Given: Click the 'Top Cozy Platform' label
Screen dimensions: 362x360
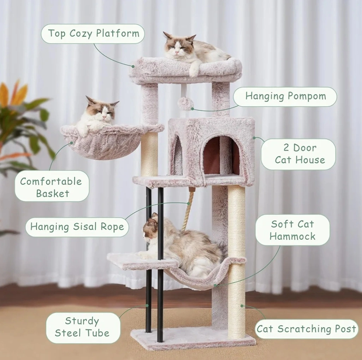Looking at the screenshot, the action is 93,34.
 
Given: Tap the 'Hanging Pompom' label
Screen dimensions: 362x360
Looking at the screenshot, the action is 285,97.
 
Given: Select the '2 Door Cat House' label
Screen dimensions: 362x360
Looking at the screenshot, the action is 298,154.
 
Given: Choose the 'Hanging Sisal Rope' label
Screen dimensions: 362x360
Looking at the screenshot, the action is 77,227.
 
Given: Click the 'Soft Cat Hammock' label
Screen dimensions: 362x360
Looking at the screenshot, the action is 292,230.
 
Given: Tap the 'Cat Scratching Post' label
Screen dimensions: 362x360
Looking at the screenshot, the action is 306,329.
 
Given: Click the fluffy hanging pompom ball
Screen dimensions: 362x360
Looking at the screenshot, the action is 185,104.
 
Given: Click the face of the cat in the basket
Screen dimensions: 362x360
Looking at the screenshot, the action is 102,113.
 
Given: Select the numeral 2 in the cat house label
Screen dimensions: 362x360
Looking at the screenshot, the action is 286,148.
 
